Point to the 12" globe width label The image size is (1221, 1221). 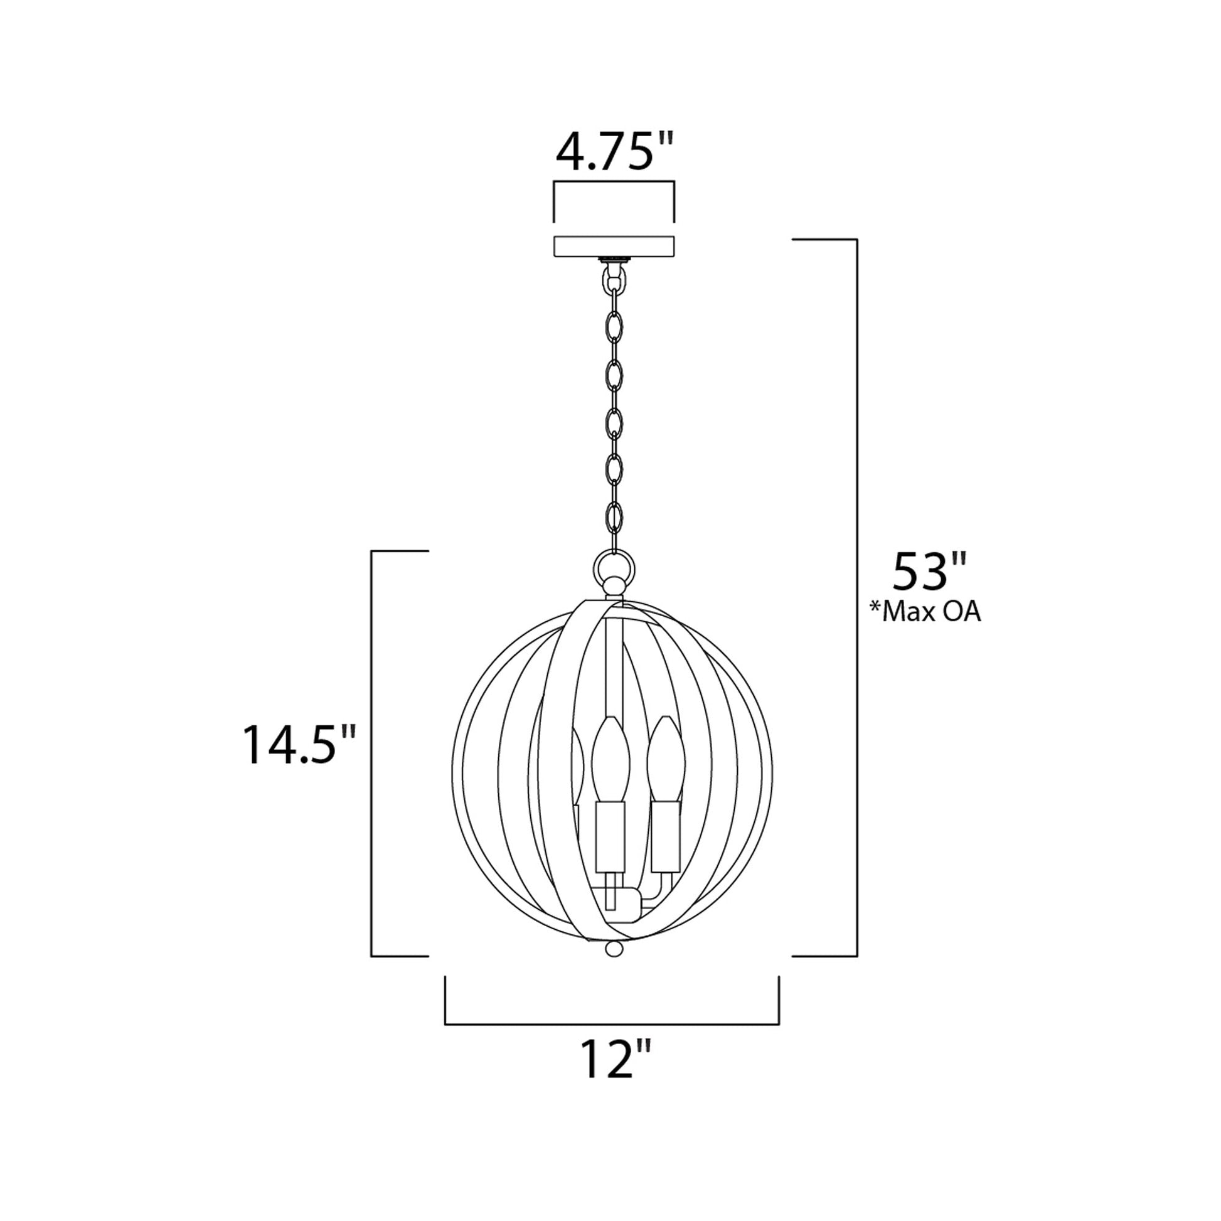(614, 1060)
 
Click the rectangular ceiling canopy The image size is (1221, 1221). (614, 246)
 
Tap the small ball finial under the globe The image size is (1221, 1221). (614, 966)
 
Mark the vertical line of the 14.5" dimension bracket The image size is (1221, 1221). (371, 752)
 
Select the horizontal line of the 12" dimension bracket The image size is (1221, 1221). (612, 1024)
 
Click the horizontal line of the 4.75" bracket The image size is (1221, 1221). (614, 182)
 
